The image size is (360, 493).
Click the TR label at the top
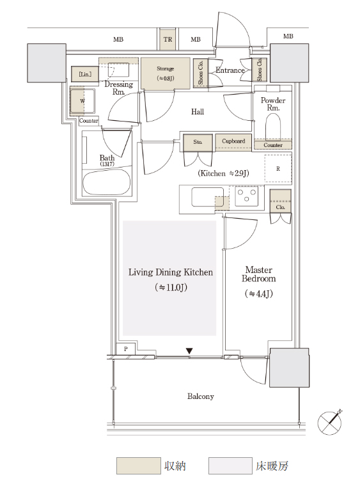coord(168,39)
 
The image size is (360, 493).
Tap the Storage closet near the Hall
coord(166,74)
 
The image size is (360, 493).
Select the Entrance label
coord(230,70)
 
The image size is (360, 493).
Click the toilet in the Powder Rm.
coord(273,127)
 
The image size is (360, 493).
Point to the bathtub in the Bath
coord(107,183)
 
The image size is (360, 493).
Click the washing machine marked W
coord(82,101)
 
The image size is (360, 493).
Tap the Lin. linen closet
coord(85,74)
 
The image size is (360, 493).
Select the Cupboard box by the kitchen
coord(233,141)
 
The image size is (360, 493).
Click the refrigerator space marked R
coord(278,169)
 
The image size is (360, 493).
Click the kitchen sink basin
coord(208,197)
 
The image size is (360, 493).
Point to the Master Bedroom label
coord(259,274)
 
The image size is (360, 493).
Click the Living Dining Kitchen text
coord(171,272)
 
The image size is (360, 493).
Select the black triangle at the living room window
coord(189,351)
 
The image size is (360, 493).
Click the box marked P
coord(126,348)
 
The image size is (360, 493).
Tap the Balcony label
coord(201,396)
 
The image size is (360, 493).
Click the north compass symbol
coord(330,422)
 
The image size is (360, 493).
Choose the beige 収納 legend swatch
coord(139,466)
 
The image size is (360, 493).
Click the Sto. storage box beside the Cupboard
coord(198,142)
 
